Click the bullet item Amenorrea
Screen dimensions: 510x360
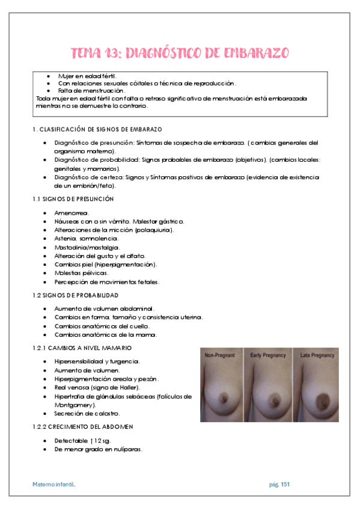72,213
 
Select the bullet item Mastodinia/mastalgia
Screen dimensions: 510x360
87,247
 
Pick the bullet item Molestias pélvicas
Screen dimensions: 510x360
81,273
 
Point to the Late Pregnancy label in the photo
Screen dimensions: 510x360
316,355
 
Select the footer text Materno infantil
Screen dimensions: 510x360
54,484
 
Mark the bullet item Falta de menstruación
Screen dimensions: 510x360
90,90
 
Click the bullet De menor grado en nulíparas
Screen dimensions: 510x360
99,449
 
